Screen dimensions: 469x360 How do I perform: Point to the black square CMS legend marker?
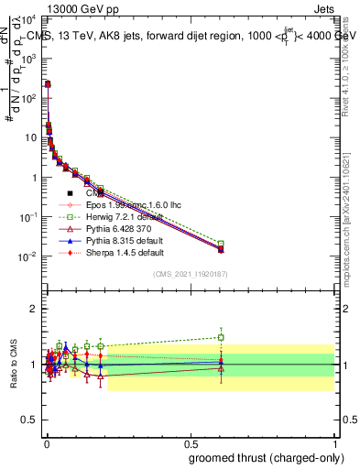pos(70,193)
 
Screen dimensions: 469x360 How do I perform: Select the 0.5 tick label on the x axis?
pos(191,444)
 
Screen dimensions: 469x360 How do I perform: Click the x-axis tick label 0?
pos(46,444)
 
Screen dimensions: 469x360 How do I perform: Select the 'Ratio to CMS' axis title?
pos(14,365)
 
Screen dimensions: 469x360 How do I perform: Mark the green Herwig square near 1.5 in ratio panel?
pos(221,337)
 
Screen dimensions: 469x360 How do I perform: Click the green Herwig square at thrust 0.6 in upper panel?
pos(221,244)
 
